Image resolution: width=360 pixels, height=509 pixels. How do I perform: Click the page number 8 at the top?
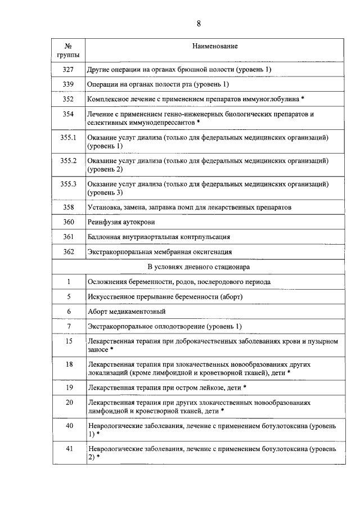(x=199, y=23)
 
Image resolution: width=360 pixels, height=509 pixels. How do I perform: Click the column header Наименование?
(x=215, y=46)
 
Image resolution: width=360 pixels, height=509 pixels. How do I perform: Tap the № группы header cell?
(x=68, y=50)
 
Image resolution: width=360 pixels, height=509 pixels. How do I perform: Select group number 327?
(x=69, y=69)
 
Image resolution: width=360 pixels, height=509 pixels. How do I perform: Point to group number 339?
(x=69, y=84)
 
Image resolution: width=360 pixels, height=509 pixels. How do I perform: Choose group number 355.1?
(x=68, y=137)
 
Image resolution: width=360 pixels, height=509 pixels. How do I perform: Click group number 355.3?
(x=68, y=184)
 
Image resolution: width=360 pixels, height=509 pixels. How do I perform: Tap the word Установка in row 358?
(x=104, y=208)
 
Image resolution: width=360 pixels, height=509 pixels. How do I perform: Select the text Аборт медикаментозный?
(x=127, y=311)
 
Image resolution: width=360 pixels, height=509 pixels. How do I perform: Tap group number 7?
(x=69, y=326)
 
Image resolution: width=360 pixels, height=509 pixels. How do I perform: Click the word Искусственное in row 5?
(x=111, y=296)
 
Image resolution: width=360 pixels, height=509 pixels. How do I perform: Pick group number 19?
(x=69, y=388)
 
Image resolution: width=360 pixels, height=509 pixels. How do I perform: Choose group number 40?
(x=69, y=426)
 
